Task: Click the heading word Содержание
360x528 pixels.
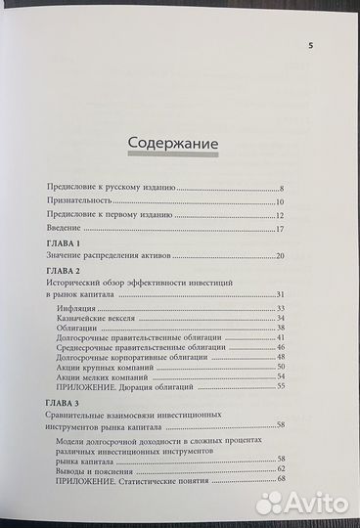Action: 172,144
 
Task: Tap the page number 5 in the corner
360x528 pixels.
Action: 311,45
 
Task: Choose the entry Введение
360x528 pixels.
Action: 65,228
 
